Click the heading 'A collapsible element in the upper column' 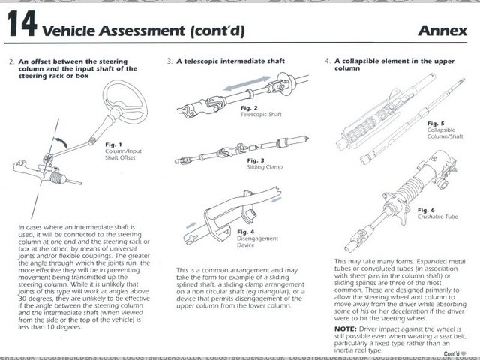pyautogui.click(x=394, y=64)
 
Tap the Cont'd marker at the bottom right pyautogui.click(x=452, y=352)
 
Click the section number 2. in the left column pyautogui.click(x=10, y=60)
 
